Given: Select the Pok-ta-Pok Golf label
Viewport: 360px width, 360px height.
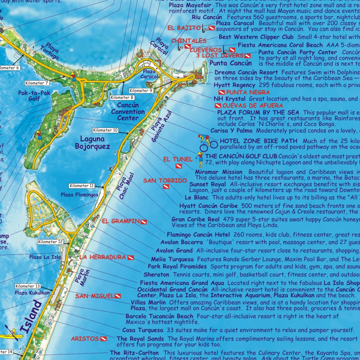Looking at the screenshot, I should coord(34,96).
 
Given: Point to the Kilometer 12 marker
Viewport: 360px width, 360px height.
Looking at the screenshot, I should coord(51,242).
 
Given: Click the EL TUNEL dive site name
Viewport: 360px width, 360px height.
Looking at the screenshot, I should coord(178,159).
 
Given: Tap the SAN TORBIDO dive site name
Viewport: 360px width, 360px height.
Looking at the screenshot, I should coord(164,181).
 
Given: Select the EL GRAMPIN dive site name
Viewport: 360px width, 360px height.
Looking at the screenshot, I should coord(121,221).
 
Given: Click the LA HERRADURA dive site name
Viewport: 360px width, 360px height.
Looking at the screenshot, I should coord(103,257).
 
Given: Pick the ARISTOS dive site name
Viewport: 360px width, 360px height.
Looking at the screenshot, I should coord(84,338).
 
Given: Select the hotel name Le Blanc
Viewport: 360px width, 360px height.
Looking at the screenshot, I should coord(196,197).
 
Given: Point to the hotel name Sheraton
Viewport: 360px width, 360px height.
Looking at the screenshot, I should coord(156,274).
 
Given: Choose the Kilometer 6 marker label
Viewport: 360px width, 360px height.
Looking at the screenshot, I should coord(9,68).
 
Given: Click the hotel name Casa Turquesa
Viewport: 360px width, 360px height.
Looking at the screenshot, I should coord(143,329).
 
